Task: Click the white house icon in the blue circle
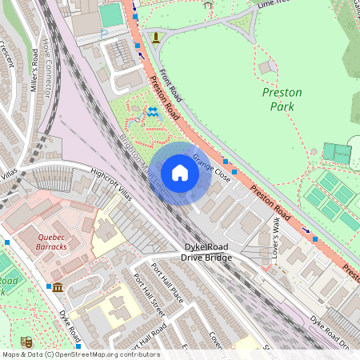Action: pyautogui.click(x=180, y=172)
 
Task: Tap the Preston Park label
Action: pyautogui.click(x=282, y=98)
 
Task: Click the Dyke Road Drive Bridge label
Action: pyautogui.click(x=206, y=252)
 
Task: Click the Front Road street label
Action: pyautogui.click(x=170, y=86)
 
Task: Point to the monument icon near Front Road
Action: pyautogui.click(x=155, y=37)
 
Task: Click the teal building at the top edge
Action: pyautogui.click(x=111, y=14)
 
